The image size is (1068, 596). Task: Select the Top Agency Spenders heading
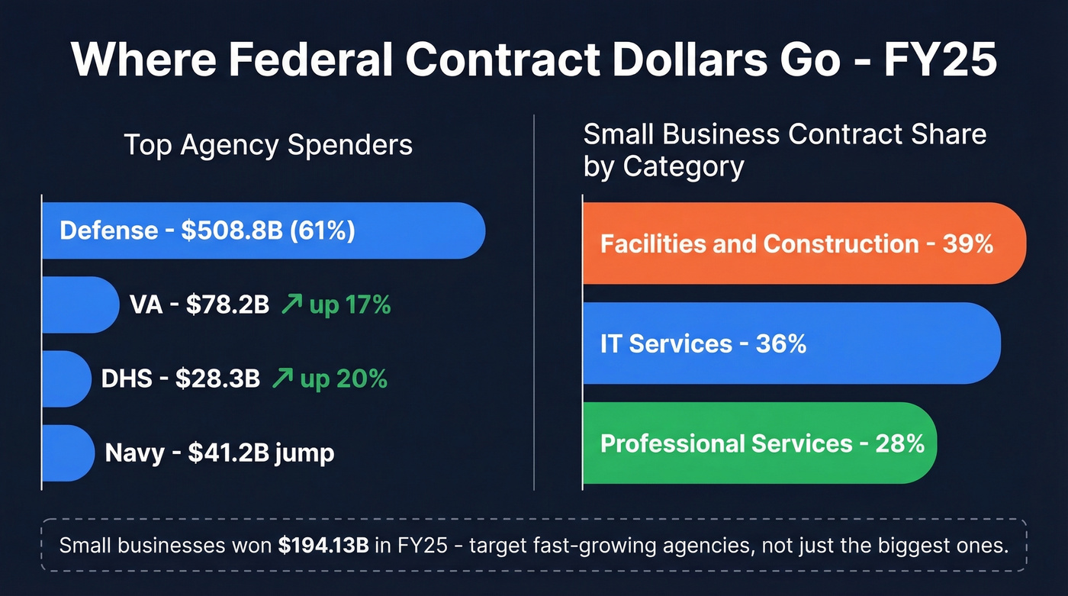(268, 144)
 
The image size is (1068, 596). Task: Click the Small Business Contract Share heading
(784, 150)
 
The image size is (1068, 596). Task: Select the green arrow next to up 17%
(291, 305)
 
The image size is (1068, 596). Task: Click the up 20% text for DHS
(343, 379)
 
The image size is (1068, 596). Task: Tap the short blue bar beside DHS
(66, 379)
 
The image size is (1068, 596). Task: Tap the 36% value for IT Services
(781, 343)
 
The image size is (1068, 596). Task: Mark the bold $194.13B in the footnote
(323, 546)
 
